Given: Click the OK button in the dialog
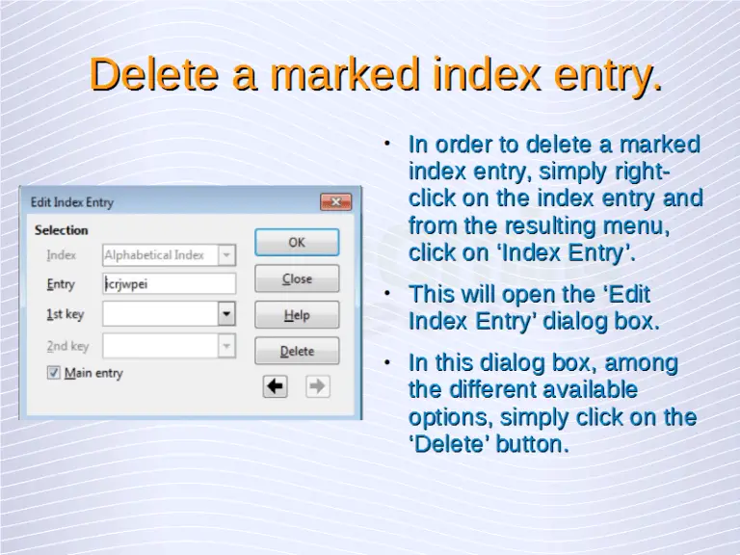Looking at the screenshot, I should pyautogui.click(x=297, y=242).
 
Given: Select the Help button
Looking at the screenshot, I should pyautogui.click(x=297, y=315).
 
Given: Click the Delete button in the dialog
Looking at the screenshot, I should pyautogui.click(x=297, y=351).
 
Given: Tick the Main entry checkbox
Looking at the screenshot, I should pyautogui.click(x=54, y=373).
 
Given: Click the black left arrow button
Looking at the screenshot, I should pyautogui.click(x=276, y=386).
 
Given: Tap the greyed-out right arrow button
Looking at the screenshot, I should pyautogui.click(x=317, y=386).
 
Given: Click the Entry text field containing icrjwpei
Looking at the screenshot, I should pyautogui.click(x=169, y=284).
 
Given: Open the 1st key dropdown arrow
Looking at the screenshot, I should pyautogui.click(x=226, y=314).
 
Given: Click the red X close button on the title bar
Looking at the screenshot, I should pyautogui.click(x=335, y=202).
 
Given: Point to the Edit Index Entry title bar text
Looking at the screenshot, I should pyautogui.click(x=72, y=202).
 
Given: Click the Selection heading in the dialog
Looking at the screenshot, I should pyautogui.click(x=61, y=230).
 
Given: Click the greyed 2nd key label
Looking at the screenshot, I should pyautogui.click(x=67, y=346).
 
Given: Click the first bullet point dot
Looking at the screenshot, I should pyautogui.click(x=386, y=144).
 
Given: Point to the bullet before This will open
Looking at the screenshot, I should pyautogui.click(x=386, y=292).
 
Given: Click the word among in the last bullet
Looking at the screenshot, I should pyautogui.click(x=641, y=363).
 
